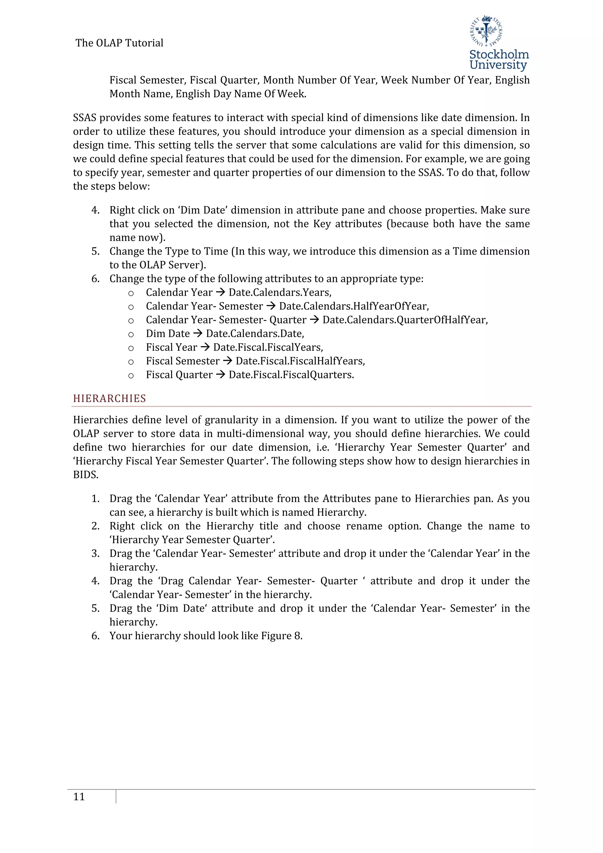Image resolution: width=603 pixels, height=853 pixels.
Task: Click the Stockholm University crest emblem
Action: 486,31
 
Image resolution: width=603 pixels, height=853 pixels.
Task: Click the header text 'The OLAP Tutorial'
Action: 119,43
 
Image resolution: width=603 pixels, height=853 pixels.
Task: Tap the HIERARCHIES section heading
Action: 110,399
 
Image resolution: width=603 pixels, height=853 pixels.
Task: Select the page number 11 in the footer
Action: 79,797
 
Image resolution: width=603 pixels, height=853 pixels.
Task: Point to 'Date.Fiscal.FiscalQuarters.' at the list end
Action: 291,375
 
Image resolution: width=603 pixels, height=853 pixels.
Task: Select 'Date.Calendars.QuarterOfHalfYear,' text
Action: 405,320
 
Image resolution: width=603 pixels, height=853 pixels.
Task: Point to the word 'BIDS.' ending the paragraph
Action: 86,475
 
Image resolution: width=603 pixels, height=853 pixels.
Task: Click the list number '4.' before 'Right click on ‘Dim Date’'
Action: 95,210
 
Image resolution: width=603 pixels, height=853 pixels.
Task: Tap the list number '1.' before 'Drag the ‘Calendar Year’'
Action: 95,499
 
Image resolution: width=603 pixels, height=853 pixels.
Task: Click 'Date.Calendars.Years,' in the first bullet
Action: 280,293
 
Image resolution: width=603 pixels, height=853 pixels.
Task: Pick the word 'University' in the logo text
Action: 498,65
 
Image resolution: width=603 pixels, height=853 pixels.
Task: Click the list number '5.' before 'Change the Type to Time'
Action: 95,252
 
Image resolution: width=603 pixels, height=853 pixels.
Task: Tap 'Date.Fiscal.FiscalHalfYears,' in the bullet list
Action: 300,361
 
